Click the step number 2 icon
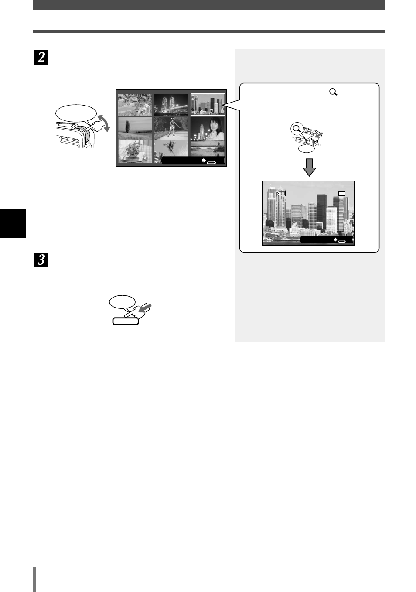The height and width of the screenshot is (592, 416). pyautogui.click(x=41, y=57)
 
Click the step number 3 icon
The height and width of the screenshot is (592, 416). pyautogui.click(x=41, y=260)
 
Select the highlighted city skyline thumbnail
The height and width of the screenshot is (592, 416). pyautogui.click(x=208, y=105)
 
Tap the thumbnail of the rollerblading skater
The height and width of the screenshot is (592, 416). pyautogui.click(x=171, y=128)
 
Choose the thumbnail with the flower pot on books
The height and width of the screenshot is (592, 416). pyautogui.click(x=135, y=151)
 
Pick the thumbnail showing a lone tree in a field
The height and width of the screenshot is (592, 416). pyautogui.click(x=135, y=128)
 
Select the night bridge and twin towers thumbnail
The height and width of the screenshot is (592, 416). pyautogui.click(x=171, y=105)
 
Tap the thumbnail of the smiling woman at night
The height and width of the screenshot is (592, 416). pyautogui.click(x=208, y=128)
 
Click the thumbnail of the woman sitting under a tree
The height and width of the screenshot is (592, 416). pyautogui.click(x=135, y=105)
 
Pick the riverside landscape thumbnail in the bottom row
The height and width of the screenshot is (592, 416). pyautogui.click(x=208, y=148)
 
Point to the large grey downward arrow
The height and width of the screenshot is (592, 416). pyautogui.click(x=309, y=167)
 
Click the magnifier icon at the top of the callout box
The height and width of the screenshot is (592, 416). pyautogui.click(x=333, y=92)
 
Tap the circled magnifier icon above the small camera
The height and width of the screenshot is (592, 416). pyautogui.click(x=297, y=129)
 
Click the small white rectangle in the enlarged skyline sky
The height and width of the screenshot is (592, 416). pyautogui.click(x=342, y=193)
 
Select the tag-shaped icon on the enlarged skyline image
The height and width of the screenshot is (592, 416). pyautogui.click(x=281, y=193)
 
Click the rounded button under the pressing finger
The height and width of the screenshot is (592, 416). pyautogui.click(x=126, y=321)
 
